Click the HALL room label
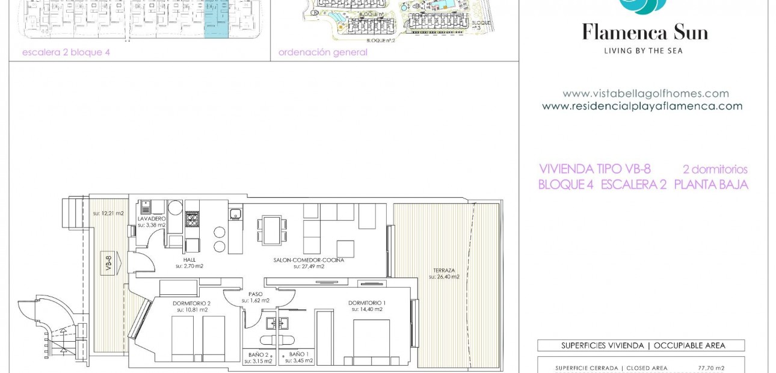coord(189,259)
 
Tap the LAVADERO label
coord(151,218)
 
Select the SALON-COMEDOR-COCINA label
coord(309,260)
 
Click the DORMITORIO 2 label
coord(191,303)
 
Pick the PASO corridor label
coord(256,294)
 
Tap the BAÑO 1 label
coord(298,354)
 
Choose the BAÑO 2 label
coord(258,354)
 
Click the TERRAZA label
coord(443,270)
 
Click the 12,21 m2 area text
coord(108,213)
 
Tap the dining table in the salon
coord(271,230)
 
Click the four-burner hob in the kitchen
coord(192,219)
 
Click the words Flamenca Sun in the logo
coord(645,32)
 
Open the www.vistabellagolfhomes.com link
coord(645,94)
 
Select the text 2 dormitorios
coord(715,170)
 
